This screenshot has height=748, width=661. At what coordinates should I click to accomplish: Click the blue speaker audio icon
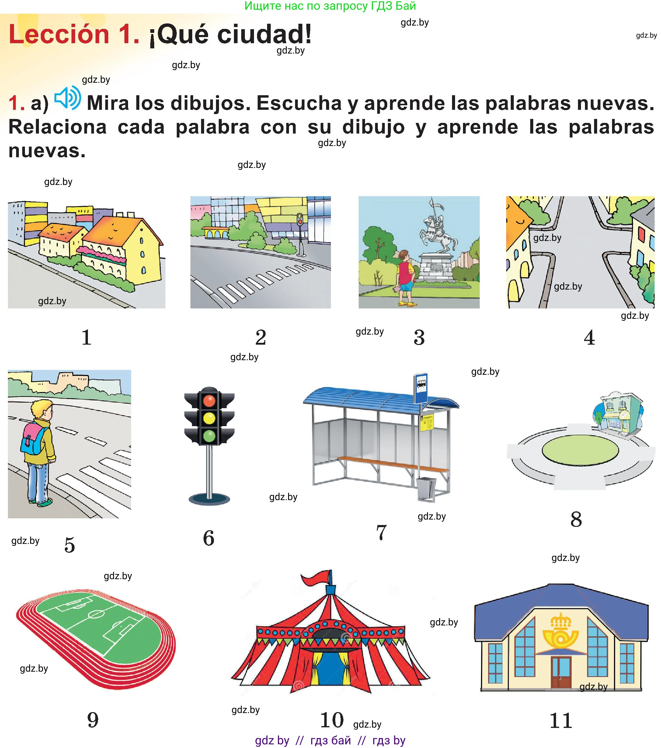pos(68,98)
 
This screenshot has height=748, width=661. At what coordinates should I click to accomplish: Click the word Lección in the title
pos(59,34)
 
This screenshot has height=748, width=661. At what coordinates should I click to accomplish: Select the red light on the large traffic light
pos(209,400)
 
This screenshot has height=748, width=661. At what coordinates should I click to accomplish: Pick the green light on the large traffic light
pos(209,436)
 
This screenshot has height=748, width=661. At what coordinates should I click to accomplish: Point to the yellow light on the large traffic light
pos(209,418)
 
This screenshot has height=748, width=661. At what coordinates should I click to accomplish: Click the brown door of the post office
pos(561,672)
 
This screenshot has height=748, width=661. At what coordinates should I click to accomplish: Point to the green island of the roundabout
pos(580,450)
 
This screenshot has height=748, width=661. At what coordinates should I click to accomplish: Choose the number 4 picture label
pos(589,337)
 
